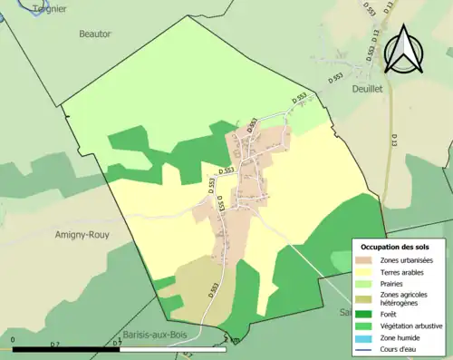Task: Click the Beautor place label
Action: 94,34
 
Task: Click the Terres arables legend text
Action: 405,271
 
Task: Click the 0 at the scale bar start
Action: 13,342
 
